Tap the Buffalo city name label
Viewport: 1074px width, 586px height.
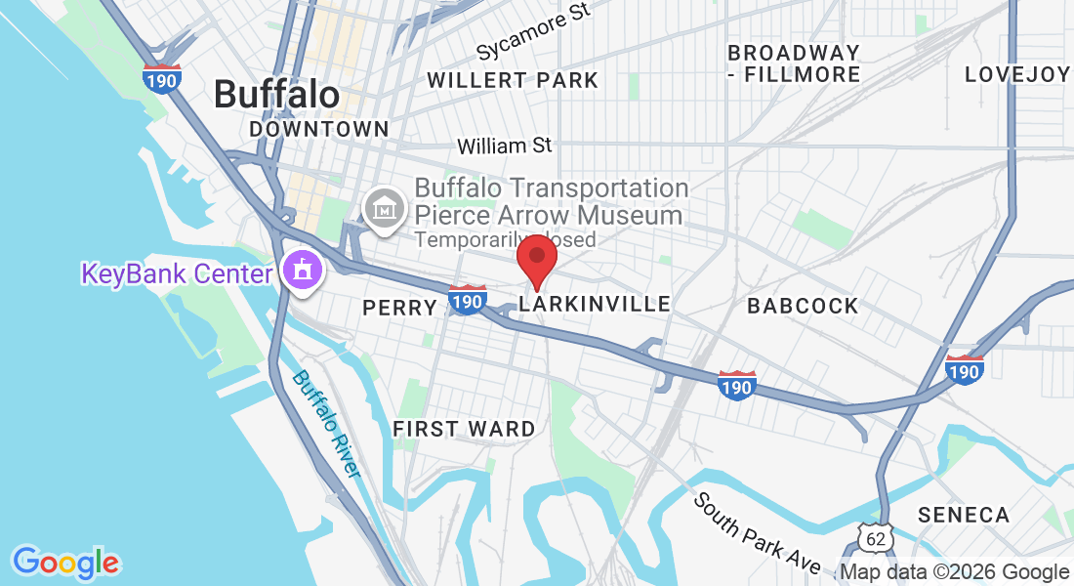pos(276,95)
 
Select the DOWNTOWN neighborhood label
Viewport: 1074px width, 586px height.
pos(318,129)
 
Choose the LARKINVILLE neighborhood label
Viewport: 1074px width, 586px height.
pos(595,305)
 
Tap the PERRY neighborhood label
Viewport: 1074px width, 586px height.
pos(399,308)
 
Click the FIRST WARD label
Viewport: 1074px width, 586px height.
pos(464,429)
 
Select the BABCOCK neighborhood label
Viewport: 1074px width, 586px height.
pos(803,306)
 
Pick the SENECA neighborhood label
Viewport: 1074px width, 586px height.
pos(964,515)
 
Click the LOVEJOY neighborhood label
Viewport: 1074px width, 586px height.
pos(1017,75)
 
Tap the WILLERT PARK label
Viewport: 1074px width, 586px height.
pos(513,80)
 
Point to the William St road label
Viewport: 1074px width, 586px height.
pos(505,146)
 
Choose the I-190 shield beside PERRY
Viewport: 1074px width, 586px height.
pos(468,301)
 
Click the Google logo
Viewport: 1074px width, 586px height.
pos(65,563)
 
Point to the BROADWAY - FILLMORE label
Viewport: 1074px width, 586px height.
pos(794,63)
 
